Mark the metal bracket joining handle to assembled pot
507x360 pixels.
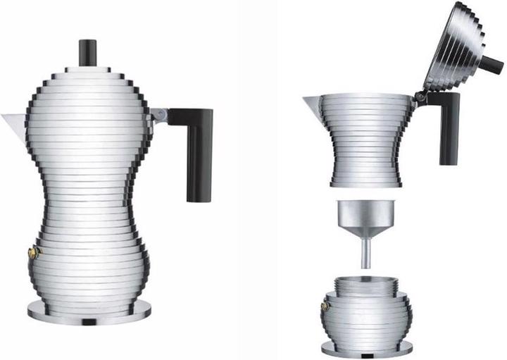pyautogui.click(x=160, y=116)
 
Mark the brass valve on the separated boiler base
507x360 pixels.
pyautogui.click(x=325, y=306)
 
